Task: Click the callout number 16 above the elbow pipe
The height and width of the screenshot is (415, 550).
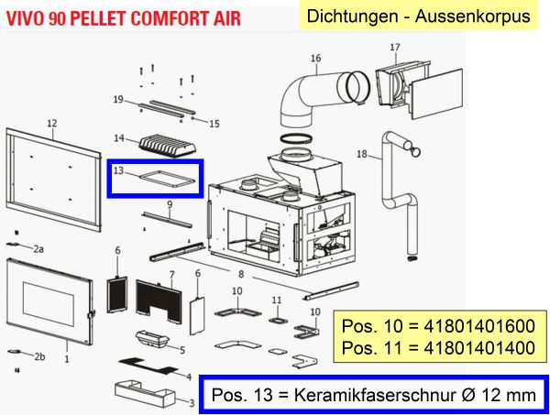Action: click(315, 59)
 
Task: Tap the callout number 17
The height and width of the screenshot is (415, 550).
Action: click(395, 47)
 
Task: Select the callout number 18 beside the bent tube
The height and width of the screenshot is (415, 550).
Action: click(362, 154)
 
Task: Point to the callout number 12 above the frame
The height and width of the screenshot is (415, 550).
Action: click(52, 124)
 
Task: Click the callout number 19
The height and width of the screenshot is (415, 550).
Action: click(118, 99)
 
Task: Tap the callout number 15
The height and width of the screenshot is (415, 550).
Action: click(214, 124)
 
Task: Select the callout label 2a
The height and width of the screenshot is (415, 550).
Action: click(38, 249)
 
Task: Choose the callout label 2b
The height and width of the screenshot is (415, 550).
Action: click(39, 356)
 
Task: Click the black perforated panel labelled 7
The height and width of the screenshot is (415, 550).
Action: click(159, 301)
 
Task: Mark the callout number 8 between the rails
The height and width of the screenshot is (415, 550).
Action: click(240, 274)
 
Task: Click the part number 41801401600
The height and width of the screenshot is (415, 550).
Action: click(479, 326)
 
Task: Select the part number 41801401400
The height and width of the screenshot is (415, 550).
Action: click(479, 348)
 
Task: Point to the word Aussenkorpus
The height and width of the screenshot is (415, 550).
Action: click(472, 16)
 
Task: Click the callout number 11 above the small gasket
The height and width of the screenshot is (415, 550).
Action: click(277, 300)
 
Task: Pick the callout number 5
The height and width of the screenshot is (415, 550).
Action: click(182, 350)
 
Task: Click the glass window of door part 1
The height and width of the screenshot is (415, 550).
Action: click(49, 300)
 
